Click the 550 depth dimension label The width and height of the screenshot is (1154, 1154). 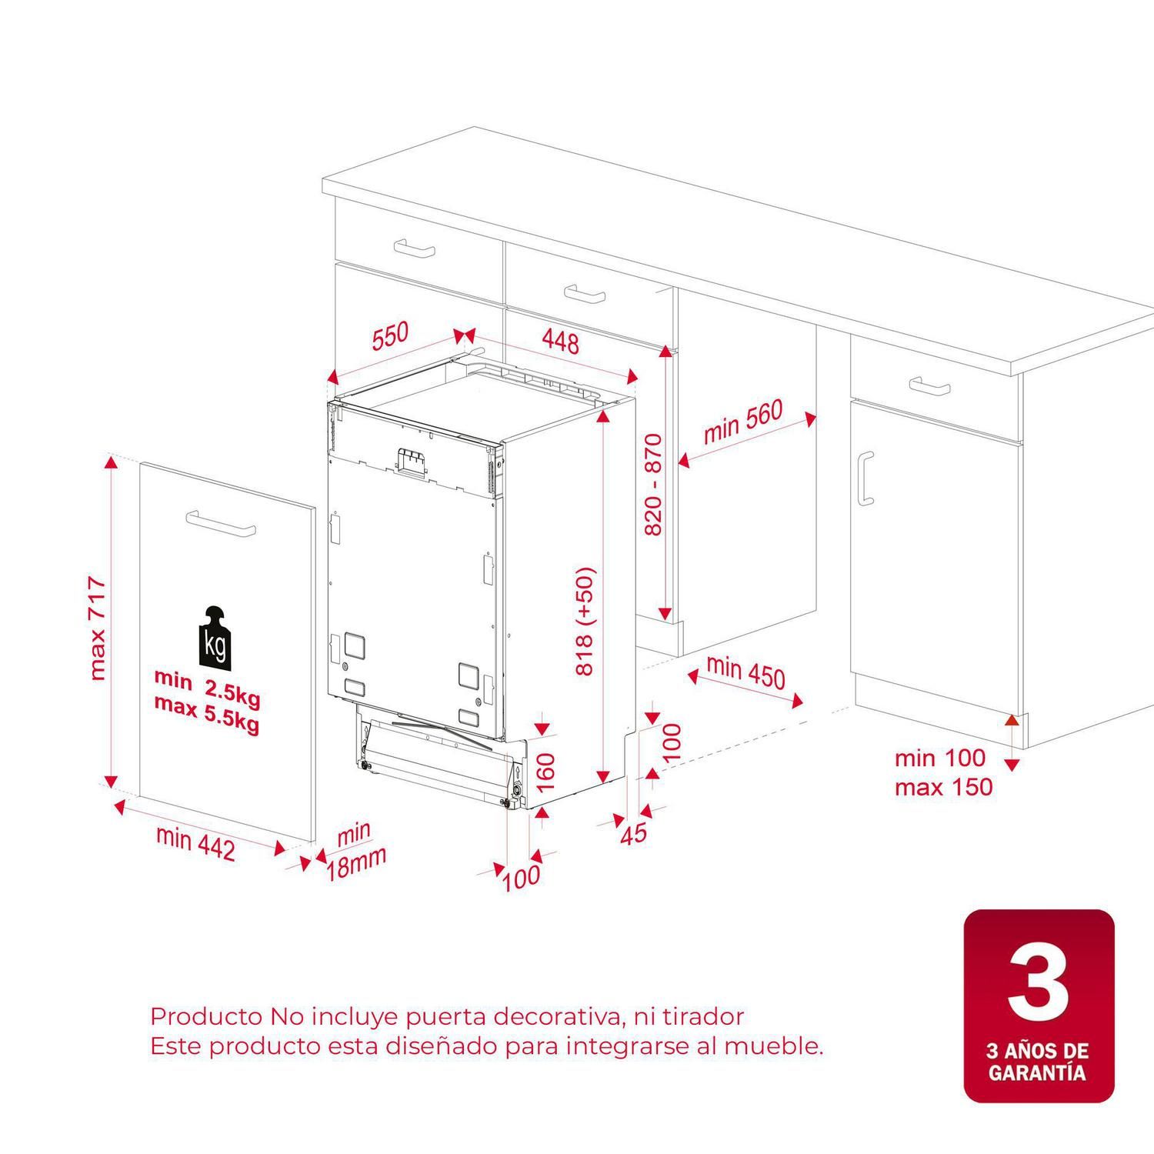391,336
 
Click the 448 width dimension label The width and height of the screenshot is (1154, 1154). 560,340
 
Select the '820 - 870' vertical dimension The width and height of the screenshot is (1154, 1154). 652,485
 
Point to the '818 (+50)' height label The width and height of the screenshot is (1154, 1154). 585,622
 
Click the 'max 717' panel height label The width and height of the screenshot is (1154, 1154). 98,629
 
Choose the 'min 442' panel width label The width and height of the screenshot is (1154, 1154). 195,842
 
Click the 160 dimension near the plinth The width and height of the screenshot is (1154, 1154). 545,772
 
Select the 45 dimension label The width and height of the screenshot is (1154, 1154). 633,833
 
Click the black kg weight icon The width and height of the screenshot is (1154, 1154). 215,637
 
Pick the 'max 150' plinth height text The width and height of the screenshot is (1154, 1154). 943,787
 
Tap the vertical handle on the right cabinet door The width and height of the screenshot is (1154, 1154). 865,479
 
